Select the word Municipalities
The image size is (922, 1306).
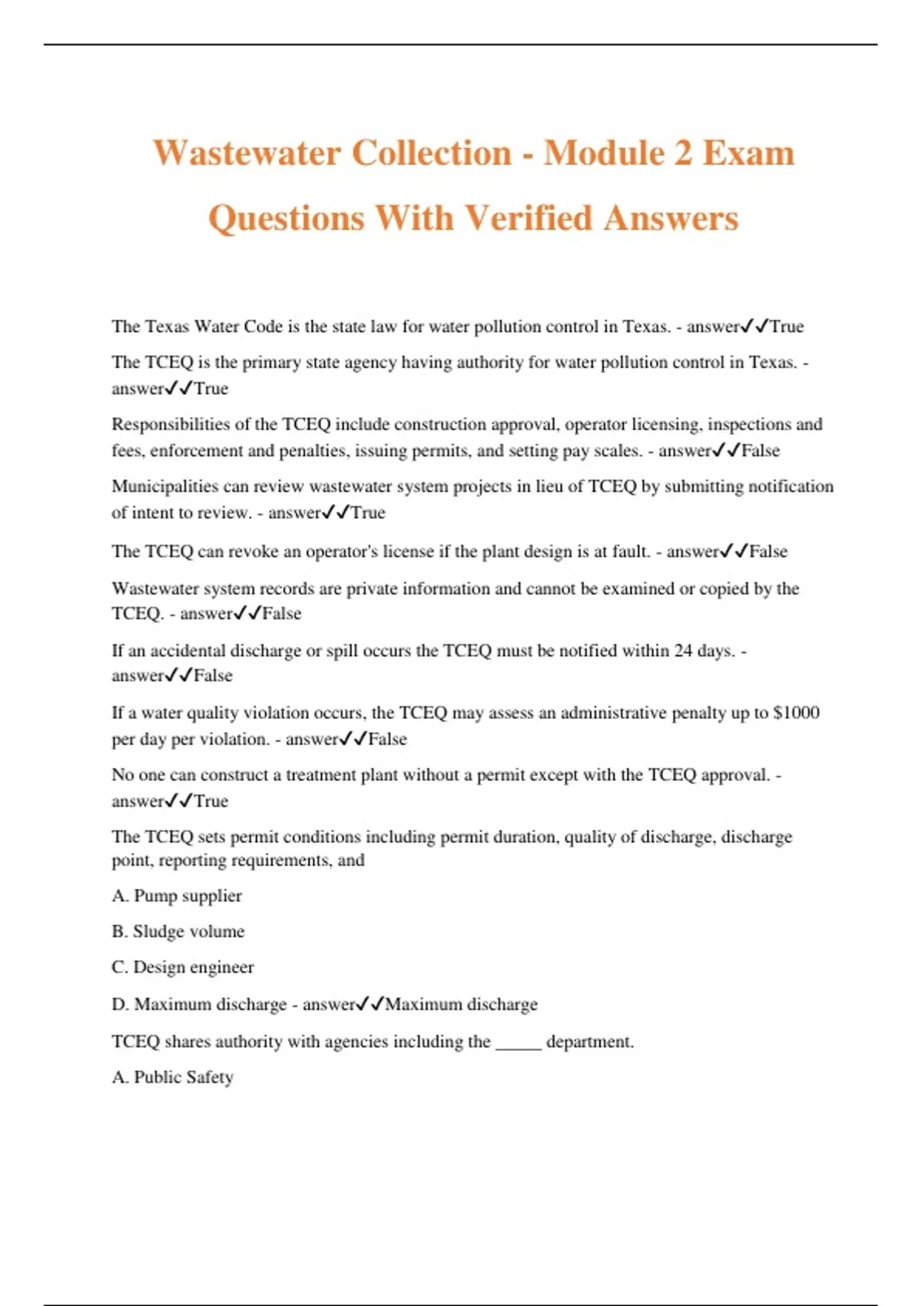[165, 486]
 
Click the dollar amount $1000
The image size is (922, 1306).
[797, 713]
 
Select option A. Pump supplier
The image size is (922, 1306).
[177, 896]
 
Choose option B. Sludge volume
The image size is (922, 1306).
[178, 931]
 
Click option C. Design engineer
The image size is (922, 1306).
[183, 967]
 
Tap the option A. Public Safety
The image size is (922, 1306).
[173, 1077]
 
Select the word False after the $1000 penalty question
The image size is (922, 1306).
[387, 739]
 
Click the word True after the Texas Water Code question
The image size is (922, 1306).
[787, 326]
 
